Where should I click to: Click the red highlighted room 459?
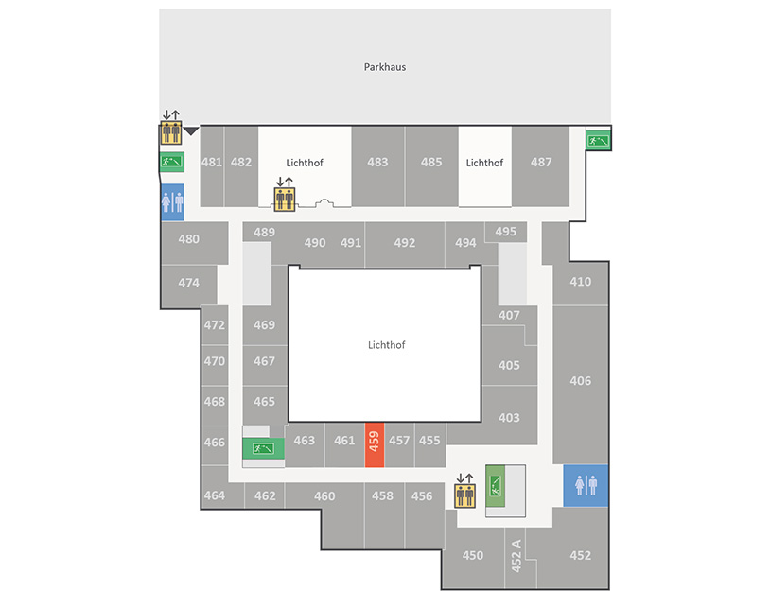pyautogui.click(x=375, y=444)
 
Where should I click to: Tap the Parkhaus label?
pyautogui.click(x=384, y=67)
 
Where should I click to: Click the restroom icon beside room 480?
pyautogui.click(x=172, y=202)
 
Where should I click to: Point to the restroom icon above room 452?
pyautogui.click(x=586, y=485)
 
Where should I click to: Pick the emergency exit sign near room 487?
pyautogui.click(x=598, y=142)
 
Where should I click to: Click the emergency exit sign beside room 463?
pyautogui.click(x=263, y=448)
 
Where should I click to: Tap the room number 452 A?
pyautogui.click(x=516, y=556)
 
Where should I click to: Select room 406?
pyautogui.click(x=581, y=381)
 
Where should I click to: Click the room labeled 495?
pyautogui.click(x=506, y=232)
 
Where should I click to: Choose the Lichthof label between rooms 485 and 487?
pyautogui.click(x=484, y=163)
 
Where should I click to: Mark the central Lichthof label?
pyautogui.click(x=387, y=345)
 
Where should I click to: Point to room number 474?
pyautogui.click(x=188, y=283)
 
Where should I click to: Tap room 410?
pyautogui.click(x=581, y=282)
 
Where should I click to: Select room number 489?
pyautogui.click(x=264, y=233)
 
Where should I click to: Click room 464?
pyautogui.click(x=215, y=495)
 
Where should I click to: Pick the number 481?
pyautogui.click(x=212, y=162)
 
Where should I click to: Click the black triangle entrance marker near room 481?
pyautogui.click(x=191, y=131)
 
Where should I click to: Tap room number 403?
pyautogui.click(x=509, y=418)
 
